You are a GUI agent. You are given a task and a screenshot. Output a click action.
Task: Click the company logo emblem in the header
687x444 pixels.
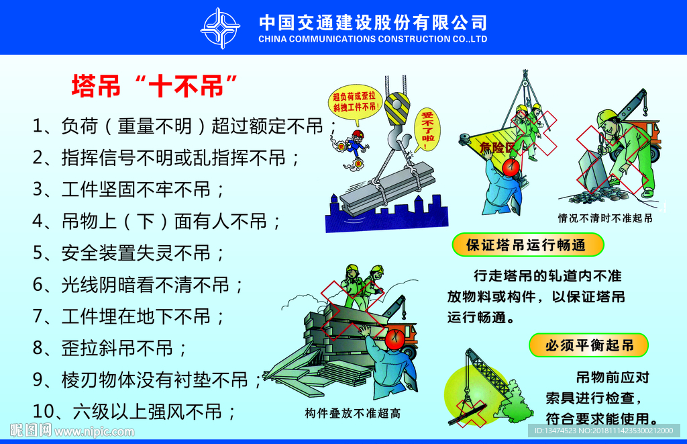point(220,28)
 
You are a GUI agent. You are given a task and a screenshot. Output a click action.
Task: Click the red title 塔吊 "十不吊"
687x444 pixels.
point(155,87)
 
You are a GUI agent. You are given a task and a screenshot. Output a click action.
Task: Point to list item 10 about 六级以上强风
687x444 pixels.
point(134,410)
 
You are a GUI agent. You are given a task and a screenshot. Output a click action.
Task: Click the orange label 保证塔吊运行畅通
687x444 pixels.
point(526,245)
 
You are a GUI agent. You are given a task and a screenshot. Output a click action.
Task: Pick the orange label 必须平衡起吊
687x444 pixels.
point(589,345)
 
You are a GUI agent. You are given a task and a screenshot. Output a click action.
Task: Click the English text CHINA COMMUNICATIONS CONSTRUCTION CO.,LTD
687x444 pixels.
point(372,39)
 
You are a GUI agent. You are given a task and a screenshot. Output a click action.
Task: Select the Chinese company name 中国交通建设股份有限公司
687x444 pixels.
point(372,22)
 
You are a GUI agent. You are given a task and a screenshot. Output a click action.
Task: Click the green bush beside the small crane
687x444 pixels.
point(517,403)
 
